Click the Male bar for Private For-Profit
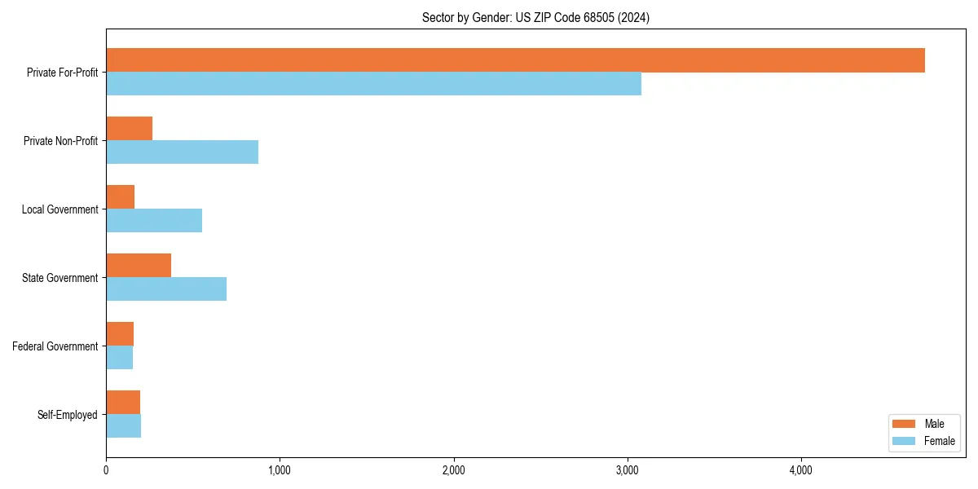(515, 60)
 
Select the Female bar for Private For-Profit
(373, 84)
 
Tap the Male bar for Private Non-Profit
(129, 129)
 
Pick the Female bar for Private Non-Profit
(182, 152)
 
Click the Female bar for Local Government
(154, 221)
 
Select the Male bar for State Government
(139, 266)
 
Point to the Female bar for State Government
(166, 289)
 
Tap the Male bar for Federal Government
(120, 334)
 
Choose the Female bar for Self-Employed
(123, 426)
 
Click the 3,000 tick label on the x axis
(627, 470)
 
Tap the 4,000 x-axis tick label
(800, 470)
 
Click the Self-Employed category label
(68, 415)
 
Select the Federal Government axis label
(55, 346)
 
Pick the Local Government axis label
(59, 209)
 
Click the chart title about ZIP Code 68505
(535, 17)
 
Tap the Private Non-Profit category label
(60, 141)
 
